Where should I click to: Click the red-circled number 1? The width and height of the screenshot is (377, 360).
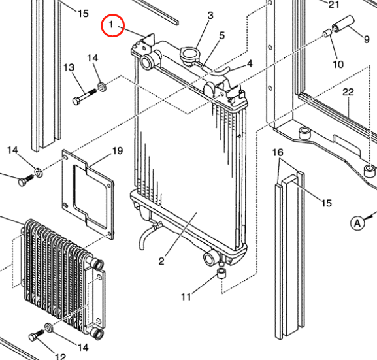coord(112,25)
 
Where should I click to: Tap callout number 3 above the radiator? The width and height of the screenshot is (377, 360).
coord(210,15)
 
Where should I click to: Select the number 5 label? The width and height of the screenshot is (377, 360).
coord(221,35)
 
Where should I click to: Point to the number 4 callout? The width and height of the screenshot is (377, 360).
coord(249,63)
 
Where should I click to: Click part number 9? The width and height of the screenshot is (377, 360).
coord(367,39)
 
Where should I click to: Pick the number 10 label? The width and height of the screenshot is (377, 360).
coord(338,64)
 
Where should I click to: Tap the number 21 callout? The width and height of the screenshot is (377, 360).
coord(334,5)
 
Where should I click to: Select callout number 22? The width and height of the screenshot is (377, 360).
coord(348,92)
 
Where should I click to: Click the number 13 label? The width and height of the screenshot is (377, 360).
coord(69,67)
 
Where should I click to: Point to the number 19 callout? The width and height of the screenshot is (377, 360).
coord(117,151)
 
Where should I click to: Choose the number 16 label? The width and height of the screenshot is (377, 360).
coord(278,152)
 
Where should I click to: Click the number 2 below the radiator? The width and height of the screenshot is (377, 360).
coord(160,262)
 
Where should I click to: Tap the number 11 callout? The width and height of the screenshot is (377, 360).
coord(186,297)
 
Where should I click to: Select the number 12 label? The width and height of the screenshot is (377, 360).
coord(60,357)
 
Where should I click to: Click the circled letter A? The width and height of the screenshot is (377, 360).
coord(357,223)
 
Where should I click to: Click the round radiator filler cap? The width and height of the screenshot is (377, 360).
coord(191,54)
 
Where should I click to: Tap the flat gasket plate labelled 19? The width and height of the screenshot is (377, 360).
coord(89,192)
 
